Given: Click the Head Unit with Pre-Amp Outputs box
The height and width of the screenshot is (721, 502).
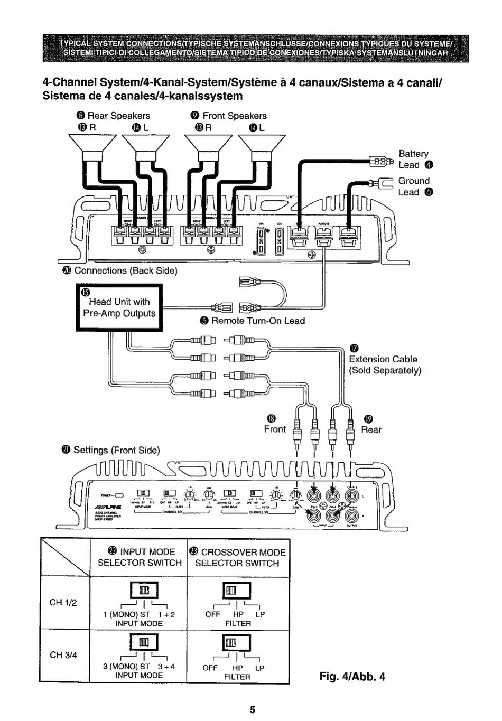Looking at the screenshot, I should point(119,307).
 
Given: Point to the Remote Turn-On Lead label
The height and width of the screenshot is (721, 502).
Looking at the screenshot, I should point(257,321).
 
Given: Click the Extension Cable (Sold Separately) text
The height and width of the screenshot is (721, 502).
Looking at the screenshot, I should point(385,364).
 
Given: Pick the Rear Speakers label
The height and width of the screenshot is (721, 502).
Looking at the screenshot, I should point(118,116).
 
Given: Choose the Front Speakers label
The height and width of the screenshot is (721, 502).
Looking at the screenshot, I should point(234,116).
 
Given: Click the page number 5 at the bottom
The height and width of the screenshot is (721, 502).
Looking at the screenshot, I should point(253,709).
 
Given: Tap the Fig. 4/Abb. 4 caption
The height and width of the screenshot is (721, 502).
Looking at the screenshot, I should point(352,676).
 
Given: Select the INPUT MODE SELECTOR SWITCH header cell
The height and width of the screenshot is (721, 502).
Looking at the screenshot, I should point(140,557).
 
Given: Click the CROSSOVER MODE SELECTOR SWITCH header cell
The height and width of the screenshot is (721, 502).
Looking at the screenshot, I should point(237,557).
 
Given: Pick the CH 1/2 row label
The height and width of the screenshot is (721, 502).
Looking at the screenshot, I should point(63,603).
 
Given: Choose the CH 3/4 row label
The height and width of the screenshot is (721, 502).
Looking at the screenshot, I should point(63,655).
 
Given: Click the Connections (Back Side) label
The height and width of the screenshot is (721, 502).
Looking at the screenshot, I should point(125,270).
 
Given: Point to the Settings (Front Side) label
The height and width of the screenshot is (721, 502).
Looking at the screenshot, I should point(116,450).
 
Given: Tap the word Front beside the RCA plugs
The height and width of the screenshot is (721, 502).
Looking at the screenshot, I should point(275,429).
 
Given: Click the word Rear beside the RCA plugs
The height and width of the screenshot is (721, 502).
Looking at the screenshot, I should point(371,430).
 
